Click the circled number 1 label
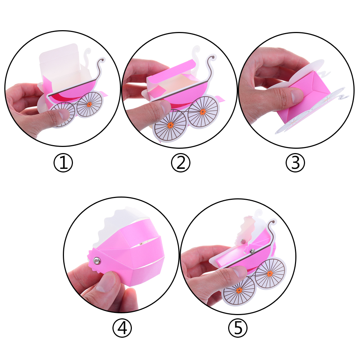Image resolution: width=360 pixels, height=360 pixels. [63, 163]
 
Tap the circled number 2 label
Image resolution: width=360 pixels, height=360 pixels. [181, 163]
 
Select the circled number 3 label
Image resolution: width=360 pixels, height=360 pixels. [295, 163]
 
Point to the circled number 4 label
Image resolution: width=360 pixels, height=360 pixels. [122, 328]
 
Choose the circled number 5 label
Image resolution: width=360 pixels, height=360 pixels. [238, 328]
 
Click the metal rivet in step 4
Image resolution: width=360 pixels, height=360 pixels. [97, 260]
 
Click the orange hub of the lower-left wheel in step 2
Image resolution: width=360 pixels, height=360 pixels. [170, 125]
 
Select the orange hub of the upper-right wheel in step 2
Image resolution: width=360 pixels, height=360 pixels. [203, 112]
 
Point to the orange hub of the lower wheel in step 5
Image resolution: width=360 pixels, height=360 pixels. [239, 291]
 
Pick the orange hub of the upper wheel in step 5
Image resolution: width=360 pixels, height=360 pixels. [270, 273]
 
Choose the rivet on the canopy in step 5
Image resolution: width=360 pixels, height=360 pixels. [243, 241]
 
